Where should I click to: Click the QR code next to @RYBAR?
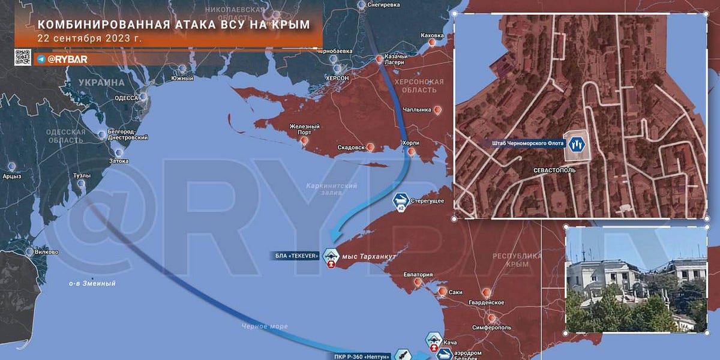pyautogui.click(x=23, y=58)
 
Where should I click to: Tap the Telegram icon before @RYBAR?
pyautogui.click(x=40, y=59)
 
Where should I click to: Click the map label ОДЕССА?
pyautogui.click(x=126, y=98)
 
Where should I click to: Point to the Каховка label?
pyautogui.click(x=432, y=35)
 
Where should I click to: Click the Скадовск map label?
pyautogui.click(x=350, y=148)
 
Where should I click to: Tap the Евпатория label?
pyautogui.click(x=418, y=275)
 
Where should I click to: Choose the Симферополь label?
pyautogui.click(x=491, y=328)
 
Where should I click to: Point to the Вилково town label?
pyautogui.click(x=46, y=252)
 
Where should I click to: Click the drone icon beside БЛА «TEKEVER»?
pyautogui.click(x=330, y=256)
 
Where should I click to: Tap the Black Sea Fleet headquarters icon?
pyautogui.click(x=576, y=144)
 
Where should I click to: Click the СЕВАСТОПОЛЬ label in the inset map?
pyautogui.click(x=554, y=170)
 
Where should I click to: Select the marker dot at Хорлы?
pyautogui.click(x=411, y=152)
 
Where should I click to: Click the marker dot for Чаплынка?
pyautogui.click(x=438, y=110)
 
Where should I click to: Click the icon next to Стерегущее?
pyautogui.click(x=401, y=200)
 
